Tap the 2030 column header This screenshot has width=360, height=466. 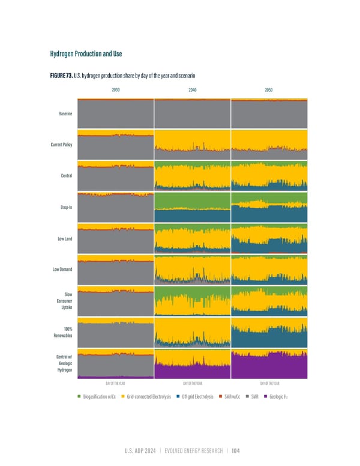(115, 89)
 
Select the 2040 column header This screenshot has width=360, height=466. (192, 89)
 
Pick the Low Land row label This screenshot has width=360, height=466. (65, 239)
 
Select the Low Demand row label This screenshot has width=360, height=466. (62, 270)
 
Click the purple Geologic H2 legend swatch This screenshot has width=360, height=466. (265, 396)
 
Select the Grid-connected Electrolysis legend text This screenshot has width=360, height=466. (149, 396)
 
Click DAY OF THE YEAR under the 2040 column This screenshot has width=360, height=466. (192, 383)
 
